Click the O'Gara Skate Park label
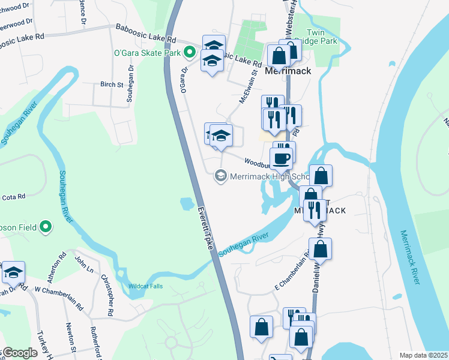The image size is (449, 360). tap(148, 53)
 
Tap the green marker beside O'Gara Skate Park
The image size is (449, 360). tap(190, 53)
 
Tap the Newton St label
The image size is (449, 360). tap(71, 338)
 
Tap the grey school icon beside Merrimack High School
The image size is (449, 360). tap(220, 176)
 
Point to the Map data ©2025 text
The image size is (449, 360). tap(423, 355)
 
